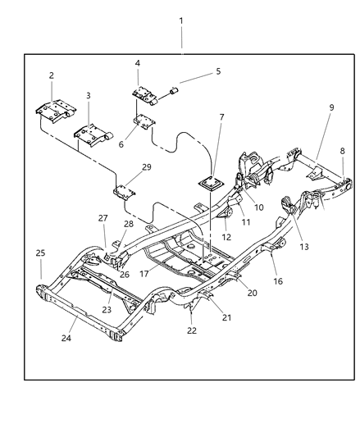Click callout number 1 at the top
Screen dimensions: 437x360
click(x=181, y=20)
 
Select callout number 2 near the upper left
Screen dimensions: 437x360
click(x=51, y=75)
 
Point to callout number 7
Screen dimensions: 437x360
click(x=138, y=63)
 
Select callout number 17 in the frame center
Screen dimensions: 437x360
click(x=259, y=208)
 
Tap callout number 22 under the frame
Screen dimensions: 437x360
click(x=243, y=222)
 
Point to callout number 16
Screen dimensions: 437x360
click(x=227, y=237)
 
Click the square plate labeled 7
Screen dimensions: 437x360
click(x=209, y=185)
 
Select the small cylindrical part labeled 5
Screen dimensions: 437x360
click(x=173, y=88)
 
